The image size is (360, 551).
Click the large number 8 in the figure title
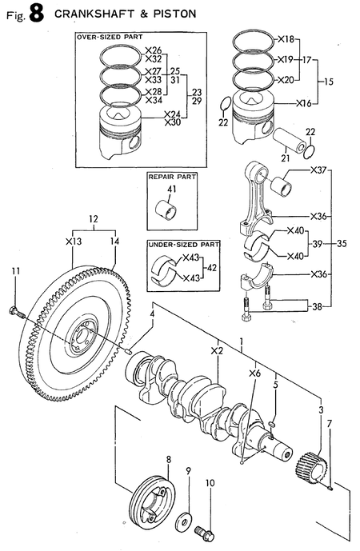click(x=34, y=14)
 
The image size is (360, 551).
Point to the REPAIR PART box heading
click(x=170, y=176)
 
